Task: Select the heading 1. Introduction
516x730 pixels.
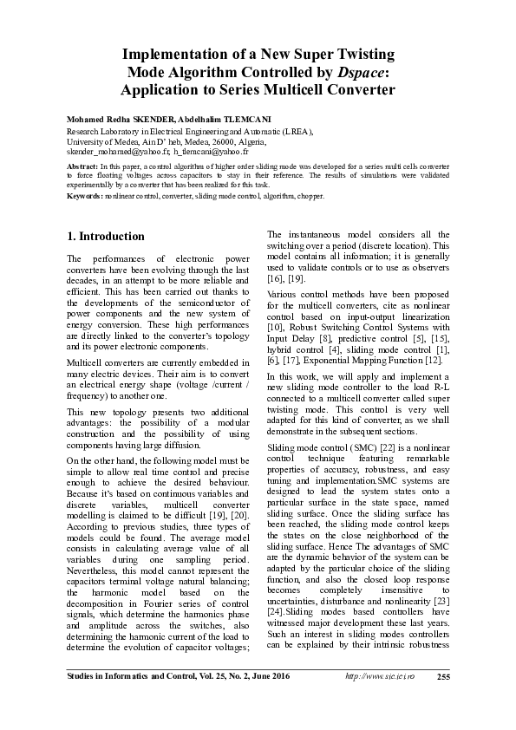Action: (106, 236)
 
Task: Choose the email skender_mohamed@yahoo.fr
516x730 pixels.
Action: (115, 150)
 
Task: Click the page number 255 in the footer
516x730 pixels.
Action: (442, 701)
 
